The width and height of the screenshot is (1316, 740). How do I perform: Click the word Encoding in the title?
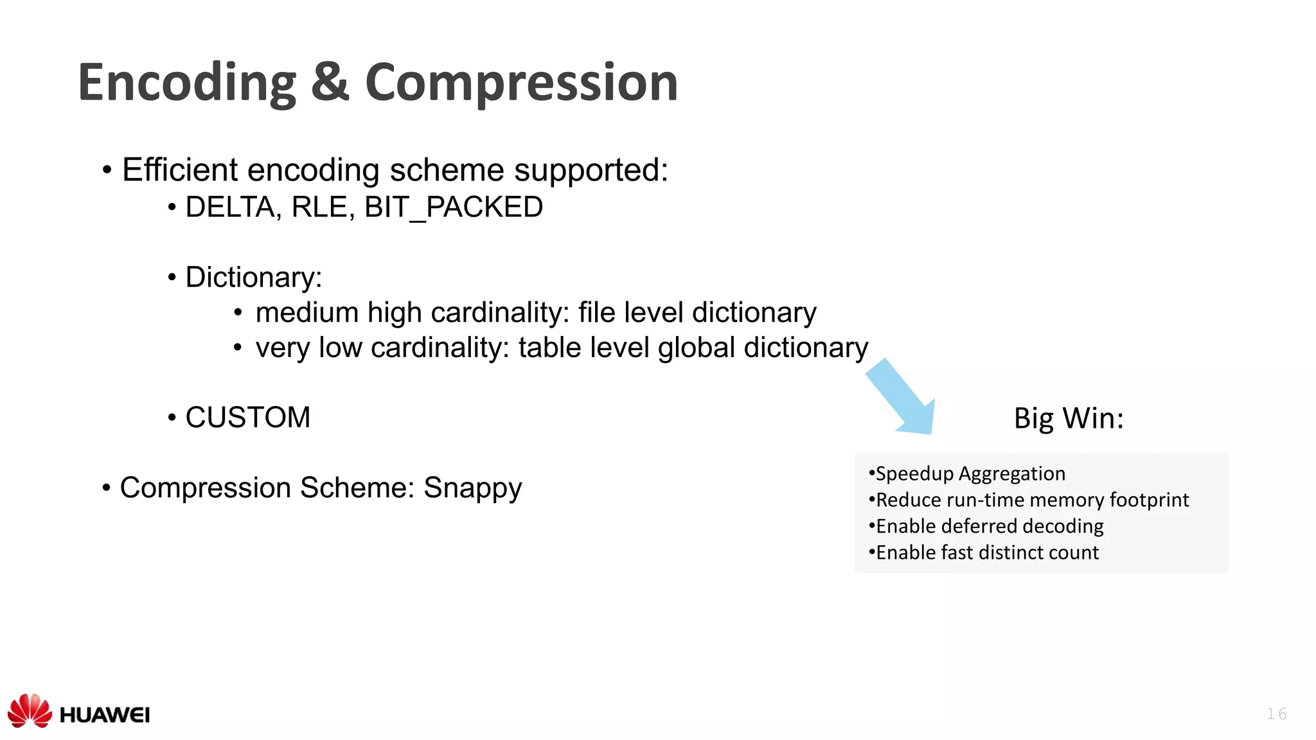(x=187, y=83)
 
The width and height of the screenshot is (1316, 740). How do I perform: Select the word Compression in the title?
(x=521, y=83)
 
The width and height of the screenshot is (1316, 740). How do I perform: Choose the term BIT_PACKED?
(x=454, y=207)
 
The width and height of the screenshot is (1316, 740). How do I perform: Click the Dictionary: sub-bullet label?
(x=254, y=277)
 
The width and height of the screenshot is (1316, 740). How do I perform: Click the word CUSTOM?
(x=248, y=418)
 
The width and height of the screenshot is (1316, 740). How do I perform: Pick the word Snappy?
(x=472, y=488)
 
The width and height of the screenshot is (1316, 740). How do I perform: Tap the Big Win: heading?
(x=1069, y=418)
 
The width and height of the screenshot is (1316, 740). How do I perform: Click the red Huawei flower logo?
(x=30, y=710)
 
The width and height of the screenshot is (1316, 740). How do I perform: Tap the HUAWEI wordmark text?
(x=105, y=715)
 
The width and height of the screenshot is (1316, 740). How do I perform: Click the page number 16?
(x=1276, y=714)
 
